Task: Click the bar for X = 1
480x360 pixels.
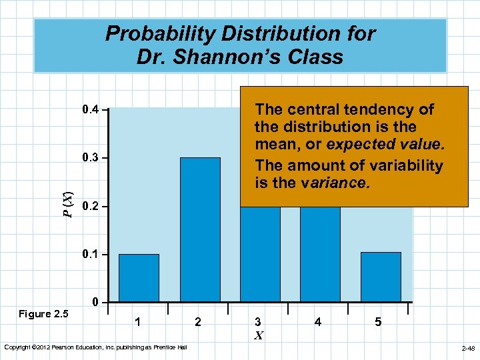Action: pos(139,278)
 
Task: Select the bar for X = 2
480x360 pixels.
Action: pos(200,229)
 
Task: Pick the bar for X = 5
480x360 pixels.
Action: pos(381,277)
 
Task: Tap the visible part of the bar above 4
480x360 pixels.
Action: pos(319,253)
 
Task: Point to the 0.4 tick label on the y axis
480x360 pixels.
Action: pos(89,109)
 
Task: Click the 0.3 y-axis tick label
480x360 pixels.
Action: pos(89,158)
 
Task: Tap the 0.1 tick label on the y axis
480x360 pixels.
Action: pos(89,255)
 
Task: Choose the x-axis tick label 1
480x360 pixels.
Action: pos(137,322)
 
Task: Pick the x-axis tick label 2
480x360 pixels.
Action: pos(197,322)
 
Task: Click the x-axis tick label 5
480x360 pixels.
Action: pos(378,322)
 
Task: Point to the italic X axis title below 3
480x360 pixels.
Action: pos(258,335)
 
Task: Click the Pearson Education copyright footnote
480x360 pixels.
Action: pos(95,347)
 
